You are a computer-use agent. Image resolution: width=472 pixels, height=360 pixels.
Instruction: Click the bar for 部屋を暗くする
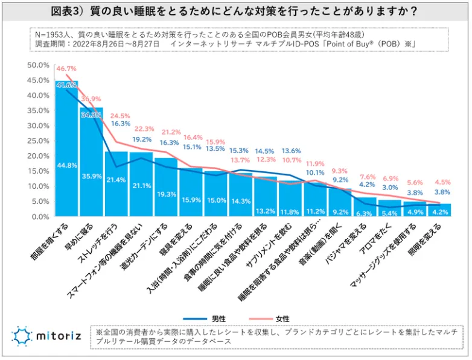(x=66, y=151)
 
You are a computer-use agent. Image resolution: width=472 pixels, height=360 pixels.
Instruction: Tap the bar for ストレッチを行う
(x=116, y=184)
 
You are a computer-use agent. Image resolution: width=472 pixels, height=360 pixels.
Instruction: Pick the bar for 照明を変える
(x=439, y=210)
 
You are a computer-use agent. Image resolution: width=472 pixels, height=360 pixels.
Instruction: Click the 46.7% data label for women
(x=65, y=70)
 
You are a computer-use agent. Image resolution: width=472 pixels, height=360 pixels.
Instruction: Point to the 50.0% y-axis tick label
(x=38, y=65)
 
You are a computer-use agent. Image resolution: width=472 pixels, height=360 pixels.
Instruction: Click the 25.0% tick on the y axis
(x=38, y=141)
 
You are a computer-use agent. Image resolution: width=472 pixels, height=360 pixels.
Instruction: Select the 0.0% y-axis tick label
(x=40, y=216)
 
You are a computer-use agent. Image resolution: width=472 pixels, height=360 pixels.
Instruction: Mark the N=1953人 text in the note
(x=56, y=34)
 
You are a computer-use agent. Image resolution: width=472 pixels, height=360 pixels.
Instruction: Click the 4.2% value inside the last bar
(x=439, y=212)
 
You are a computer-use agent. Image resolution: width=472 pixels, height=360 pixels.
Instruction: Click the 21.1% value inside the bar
(x=141, y=185)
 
